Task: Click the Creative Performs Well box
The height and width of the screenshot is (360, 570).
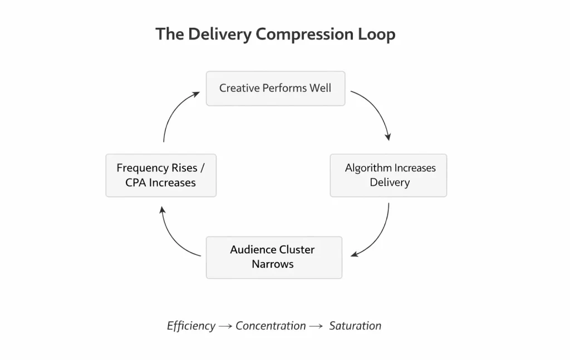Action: click(276, 88)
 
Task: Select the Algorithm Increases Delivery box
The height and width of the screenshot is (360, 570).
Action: click(389, 175)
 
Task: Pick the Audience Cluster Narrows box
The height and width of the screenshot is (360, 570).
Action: click(274, 257)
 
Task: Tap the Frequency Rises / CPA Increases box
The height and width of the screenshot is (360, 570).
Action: click(161, 175)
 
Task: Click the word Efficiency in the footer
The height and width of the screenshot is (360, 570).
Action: click(191, 326)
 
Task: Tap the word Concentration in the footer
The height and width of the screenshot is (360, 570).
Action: click(271, 326)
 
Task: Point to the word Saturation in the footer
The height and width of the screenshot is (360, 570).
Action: click(355, 326)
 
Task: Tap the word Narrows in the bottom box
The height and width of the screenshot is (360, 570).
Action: click(273, 264)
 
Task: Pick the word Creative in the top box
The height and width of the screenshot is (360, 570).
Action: click(238, 88)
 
